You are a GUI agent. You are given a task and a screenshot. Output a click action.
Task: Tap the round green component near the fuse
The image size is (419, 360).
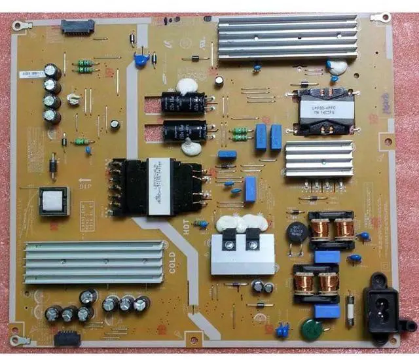307,329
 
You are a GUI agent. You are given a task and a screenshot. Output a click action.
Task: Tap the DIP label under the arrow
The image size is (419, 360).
84,186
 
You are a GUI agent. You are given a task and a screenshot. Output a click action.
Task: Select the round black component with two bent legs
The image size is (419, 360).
294,232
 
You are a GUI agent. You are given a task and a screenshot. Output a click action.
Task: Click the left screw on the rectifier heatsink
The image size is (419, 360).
229,246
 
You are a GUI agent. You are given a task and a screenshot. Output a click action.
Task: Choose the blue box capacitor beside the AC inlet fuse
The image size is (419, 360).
327,312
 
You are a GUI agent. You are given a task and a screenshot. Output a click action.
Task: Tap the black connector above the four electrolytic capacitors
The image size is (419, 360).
77,27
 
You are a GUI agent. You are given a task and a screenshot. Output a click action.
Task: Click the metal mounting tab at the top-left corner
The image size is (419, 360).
20,26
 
